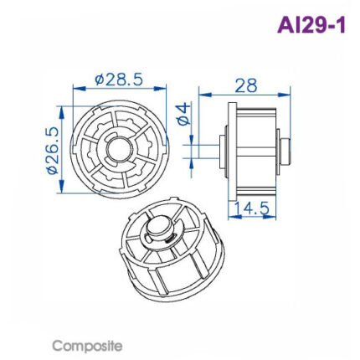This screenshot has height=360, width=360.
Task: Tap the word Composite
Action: (87, 345)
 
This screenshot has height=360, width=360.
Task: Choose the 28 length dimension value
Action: (245, 85)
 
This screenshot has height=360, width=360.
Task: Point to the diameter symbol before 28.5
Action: (100, 80)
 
